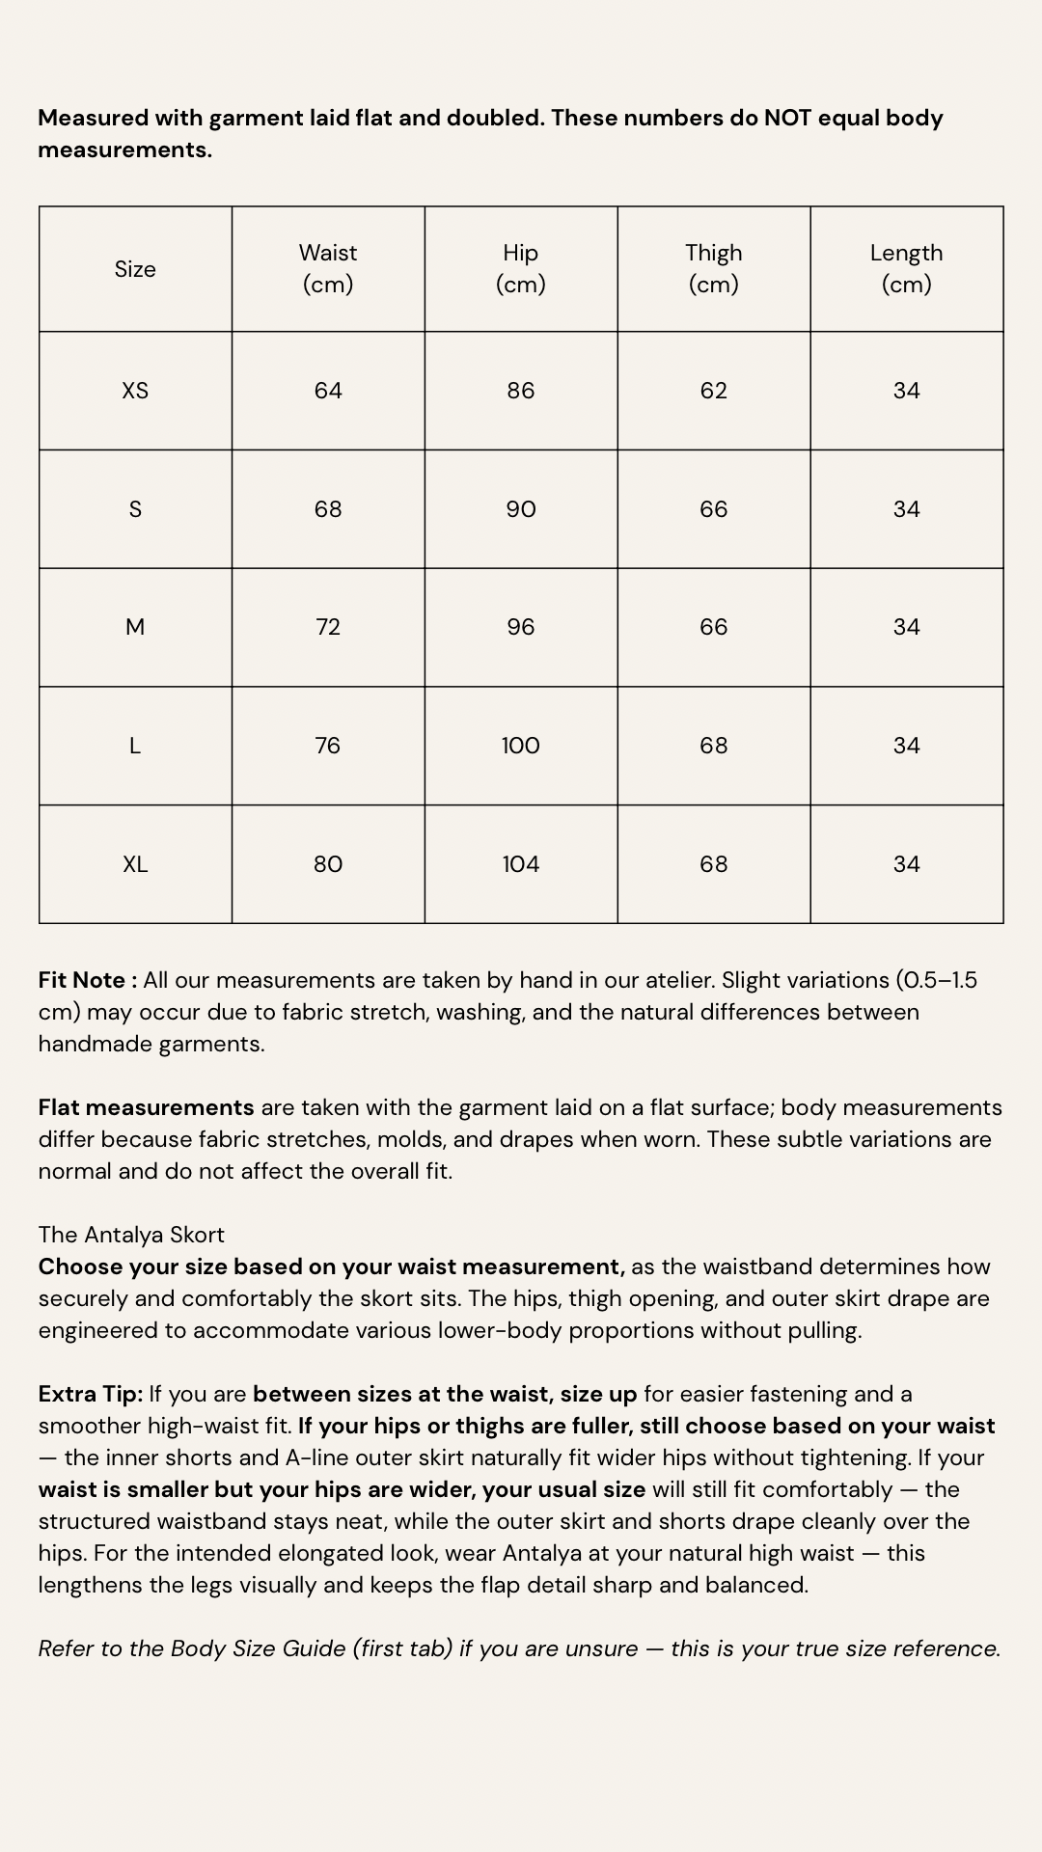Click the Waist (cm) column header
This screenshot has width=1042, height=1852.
point(328,268)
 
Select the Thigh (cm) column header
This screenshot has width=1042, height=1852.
point(714,268)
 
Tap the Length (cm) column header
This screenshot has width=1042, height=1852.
point(906,268)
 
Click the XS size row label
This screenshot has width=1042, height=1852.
point(135,391)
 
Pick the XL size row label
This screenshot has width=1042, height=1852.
point(135,864)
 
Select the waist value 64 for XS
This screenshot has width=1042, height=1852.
point(328,391)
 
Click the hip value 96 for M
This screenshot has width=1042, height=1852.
point(521,627)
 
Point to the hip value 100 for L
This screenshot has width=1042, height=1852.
point(521,746)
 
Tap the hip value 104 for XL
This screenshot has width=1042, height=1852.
point(521,864)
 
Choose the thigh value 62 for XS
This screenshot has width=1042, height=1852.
point(714,391)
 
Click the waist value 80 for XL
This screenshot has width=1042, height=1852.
point(328,864)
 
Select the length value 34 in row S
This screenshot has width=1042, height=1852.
point(906,509)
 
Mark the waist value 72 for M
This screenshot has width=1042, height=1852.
point(328,627)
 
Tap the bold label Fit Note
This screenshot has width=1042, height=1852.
point(83,980)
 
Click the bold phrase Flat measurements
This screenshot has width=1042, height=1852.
point(146,1107)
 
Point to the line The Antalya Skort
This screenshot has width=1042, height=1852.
point(131,1235)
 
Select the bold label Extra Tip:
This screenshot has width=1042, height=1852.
point(91,1394)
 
